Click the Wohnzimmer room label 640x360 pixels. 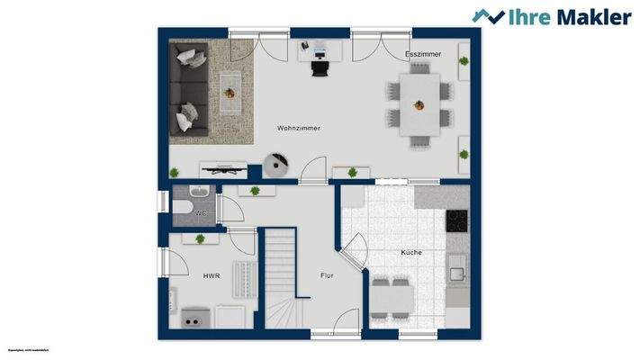point(299,129)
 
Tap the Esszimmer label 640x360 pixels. point(423,55)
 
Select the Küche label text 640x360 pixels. point(411,253)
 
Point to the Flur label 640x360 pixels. point(327,275)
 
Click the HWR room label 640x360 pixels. point(211,276)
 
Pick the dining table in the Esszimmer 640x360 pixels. point(419,104)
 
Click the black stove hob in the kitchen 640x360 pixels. point(458,219)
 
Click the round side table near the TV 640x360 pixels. point(275,164)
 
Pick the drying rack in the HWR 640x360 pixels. point(240,278)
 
